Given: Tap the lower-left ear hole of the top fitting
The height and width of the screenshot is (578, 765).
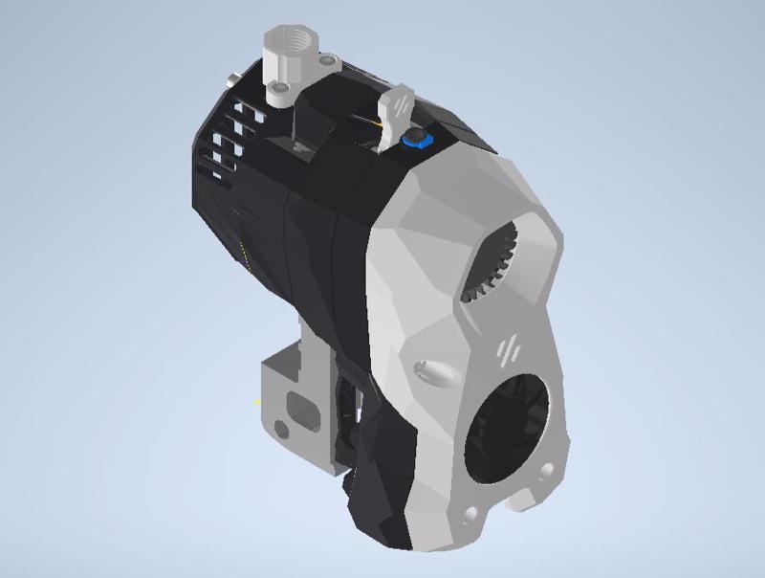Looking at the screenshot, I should (x=278, y=93).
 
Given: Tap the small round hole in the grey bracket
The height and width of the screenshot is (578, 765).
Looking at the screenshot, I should (x=280, y=427).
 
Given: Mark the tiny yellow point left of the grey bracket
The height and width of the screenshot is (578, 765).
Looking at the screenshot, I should (x=258, y=402).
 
